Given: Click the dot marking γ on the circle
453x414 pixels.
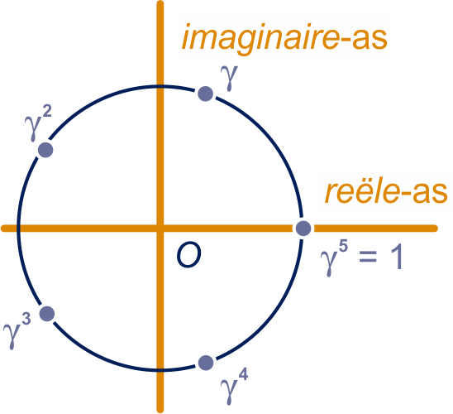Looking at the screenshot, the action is tap(205, 94).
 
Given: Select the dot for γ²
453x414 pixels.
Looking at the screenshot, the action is tap(45, 150).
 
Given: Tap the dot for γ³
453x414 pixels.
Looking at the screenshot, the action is tap(47, 314).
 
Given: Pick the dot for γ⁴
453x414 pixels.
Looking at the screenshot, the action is tap(206, 363).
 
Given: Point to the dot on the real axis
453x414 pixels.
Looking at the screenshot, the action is tap(303, 228).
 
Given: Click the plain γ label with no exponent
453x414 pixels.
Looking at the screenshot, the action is tap(229, 78).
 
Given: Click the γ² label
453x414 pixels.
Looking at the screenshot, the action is tap(38, 123).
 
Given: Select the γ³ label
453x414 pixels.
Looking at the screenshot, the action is tap(17, 331).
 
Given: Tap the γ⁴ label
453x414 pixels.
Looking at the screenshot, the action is tap(234, 387).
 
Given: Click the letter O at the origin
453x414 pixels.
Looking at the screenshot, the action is tap(189, 255).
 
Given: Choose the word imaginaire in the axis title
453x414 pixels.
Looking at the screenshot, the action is tap(260, 39).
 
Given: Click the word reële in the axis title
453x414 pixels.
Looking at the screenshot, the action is tap(362, 191).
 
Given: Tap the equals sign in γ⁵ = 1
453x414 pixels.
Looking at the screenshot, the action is tap(368, 256).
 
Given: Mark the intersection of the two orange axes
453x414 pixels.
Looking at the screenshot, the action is tap(160, 228).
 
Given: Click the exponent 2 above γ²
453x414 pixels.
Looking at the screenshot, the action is tap(47, 112).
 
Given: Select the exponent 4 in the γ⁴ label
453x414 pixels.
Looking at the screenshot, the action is tap(243, 375).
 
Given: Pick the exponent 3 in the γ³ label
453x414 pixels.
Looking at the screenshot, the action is tap(26, 320).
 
